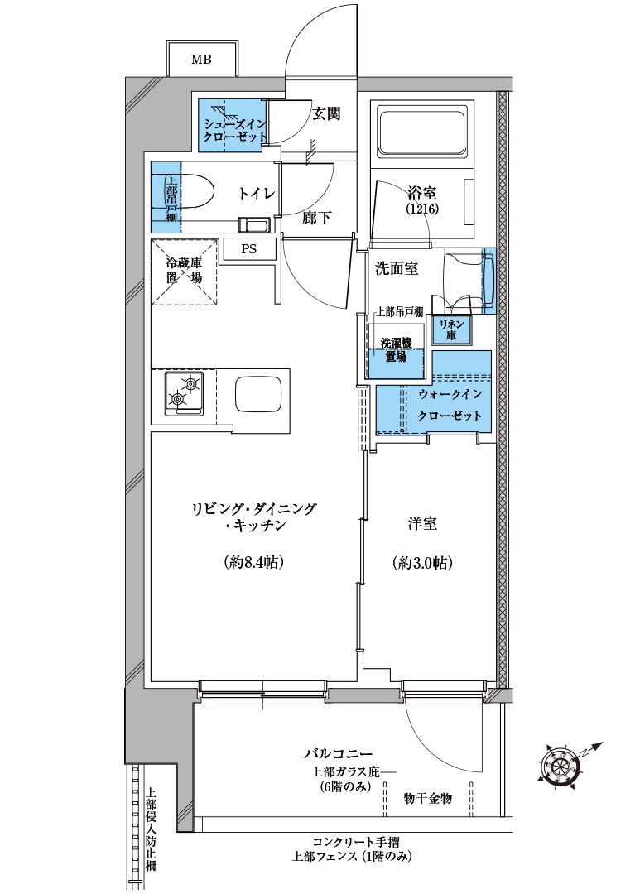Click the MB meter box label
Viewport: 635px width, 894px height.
(x=201, y=60)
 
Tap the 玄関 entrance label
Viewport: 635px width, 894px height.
(x=327, y=113)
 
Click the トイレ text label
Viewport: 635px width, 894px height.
(x=257, y=194)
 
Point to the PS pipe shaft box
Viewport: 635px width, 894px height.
(x=248, y=249)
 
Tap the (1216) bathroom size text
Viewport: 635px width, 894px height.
(x=422, y=209)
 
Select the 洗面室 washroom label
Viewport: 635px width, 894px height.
(x=397, y=268)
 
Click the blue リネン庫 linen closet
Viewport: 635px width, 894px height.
(x=451, y=329)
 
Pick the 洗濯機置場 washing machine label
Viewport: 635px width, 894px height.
(x=396, y=350)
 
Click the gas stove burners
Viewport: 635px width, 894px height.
(x=184, y=393)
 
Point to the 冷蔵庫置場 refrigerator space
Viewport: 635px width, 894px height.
(x=185, y=272)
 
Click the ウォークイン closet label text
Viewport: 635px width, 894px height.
(x=450, y=394)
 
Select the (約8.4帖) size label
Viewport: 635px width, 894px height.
(x=254, y=563)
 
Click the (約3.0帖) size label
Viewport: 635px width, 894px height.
(x=422, y=564)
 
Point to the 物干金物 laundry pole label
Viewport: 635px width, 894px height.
(x=427, y=798)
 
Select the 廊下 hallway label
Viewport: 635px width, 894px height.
(x=316, y=217)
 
